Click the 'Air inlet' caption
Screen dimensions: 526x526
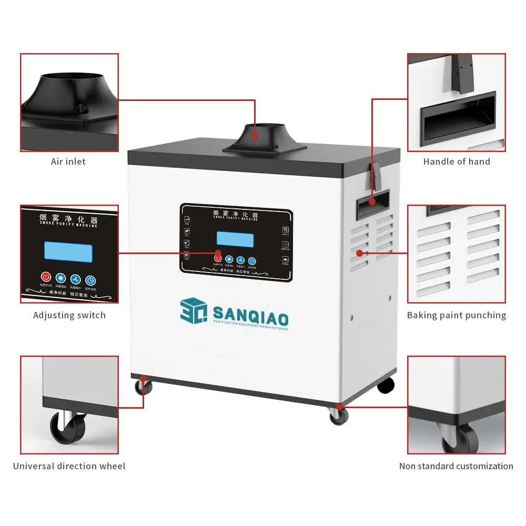tap(68, 161)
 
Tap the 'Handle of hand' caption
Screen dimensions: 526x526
tap(457, 161)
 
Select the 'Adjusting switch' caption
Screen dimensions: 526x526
tap(69, 315)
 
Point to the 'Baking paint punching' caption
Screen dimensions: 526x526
tap(457, 315)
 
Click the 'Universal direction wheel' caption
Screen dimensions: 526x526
tap(69, 466)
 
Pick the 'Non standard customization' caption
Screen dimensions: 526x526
tap(456, 466)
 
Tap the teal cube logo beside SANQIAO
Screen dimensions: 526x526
tap(193, 312)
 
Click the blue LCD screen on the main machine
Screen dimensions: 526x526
tap(235, 239)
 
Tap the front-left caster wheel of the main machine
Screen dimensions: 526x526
tap(143, 388)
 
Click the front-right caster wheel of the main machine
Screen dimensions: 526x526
tap(339, 416)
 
